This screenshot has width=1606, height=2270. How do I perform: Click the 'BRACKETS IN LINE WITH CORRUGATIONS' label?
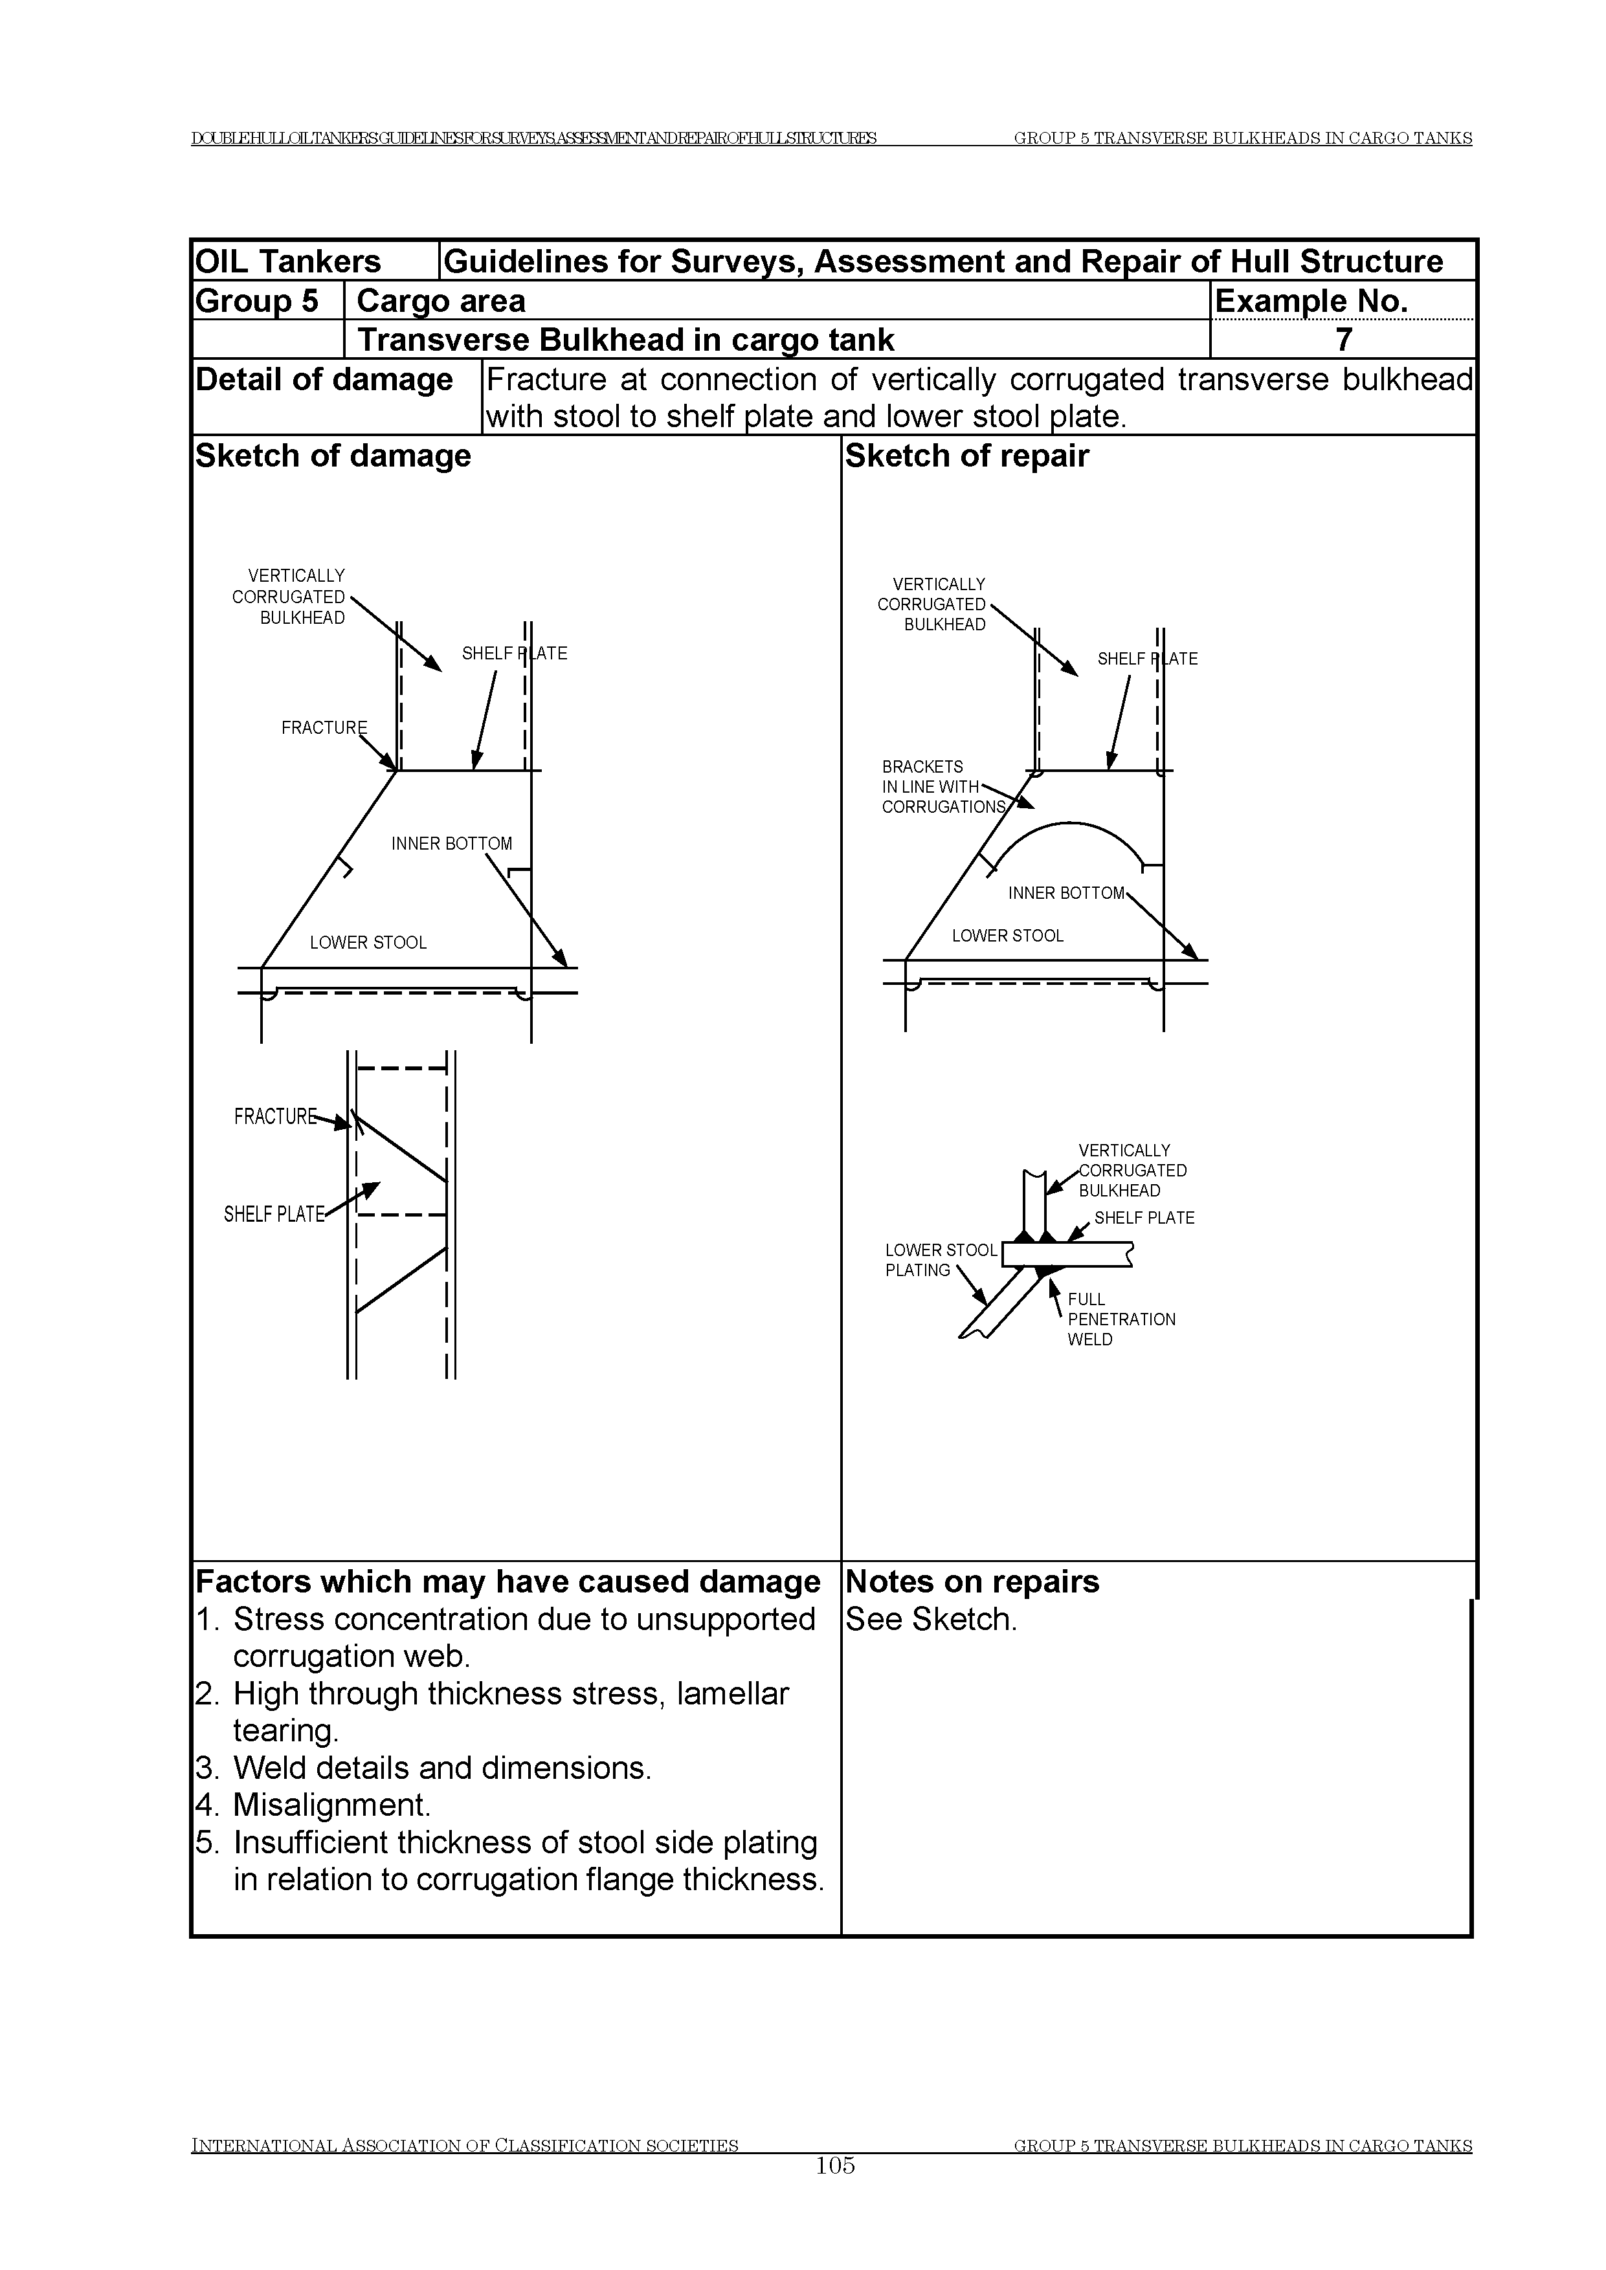point(942,787)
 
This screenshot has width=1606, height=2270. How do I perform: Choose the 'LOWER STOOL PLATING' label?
point(941,1260)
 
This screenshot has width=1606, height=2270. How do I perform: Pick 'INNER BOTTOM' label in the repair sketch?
point(1066,893)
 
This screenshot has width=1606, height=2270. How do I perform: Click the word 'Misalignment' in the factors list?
point(331,1804)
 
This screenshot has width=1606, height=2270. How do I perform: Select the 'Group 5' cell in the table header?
point(257,300)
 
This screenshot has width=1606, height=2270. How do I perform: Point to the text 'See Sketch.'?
point(931,1620)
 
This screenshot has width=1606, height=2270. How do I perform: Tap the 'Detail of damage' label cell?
point(324,380)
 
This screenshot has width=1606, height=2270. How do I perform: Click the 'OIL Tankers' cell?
point(288,261)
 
